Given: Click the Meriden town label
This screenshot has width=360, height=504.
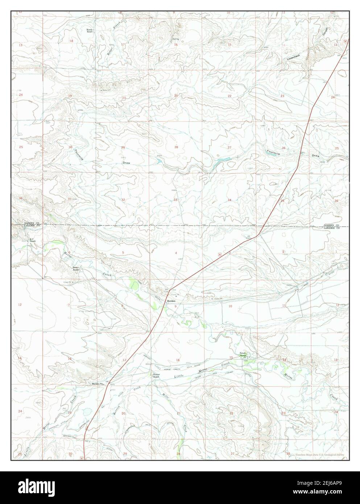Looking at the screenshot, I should [171, 301].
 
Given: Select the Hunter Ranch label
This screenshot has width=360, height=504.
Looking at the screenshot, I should [156, 375].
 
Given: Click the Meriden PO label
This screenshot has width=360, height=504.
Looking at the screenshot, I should [97, 384].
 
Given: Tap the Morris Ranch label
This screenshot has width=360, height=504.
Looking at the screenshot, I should [90, 30].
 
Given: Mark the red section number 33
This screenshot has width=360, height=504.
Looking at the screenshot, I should [175, 200].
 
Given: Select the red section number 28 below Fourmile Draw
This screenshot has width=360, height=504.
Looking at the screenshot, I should [176, 147].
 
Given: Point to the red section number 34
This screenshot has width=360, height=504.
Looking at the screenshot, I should [229, 200].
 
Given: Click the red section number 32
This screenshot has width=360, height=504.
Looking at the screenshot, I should [123, 200].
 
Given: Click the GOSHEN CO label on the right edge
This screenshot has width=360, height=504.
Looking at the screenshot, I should [331, 226].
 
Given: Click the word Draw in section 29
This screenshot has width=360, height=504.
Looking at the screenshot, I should [126, 163].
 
